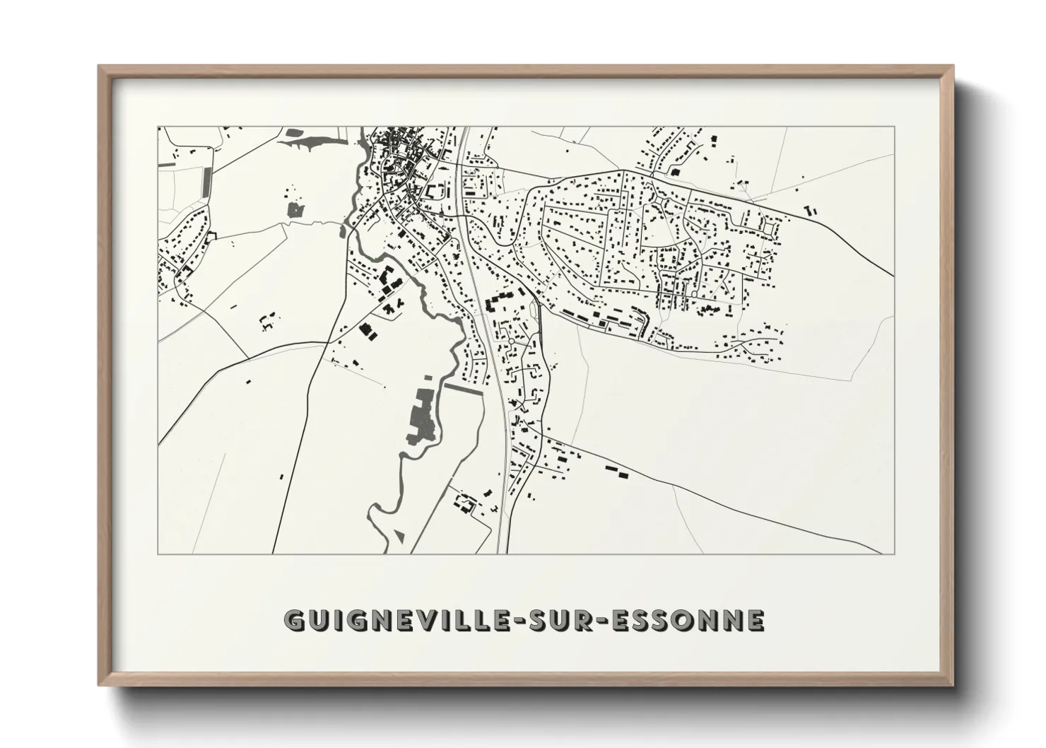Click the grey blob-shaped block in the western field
click(295, 209)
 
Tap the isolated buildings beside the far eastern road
click(810, 210)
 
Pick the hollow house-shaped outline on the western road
click(210, 237)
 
